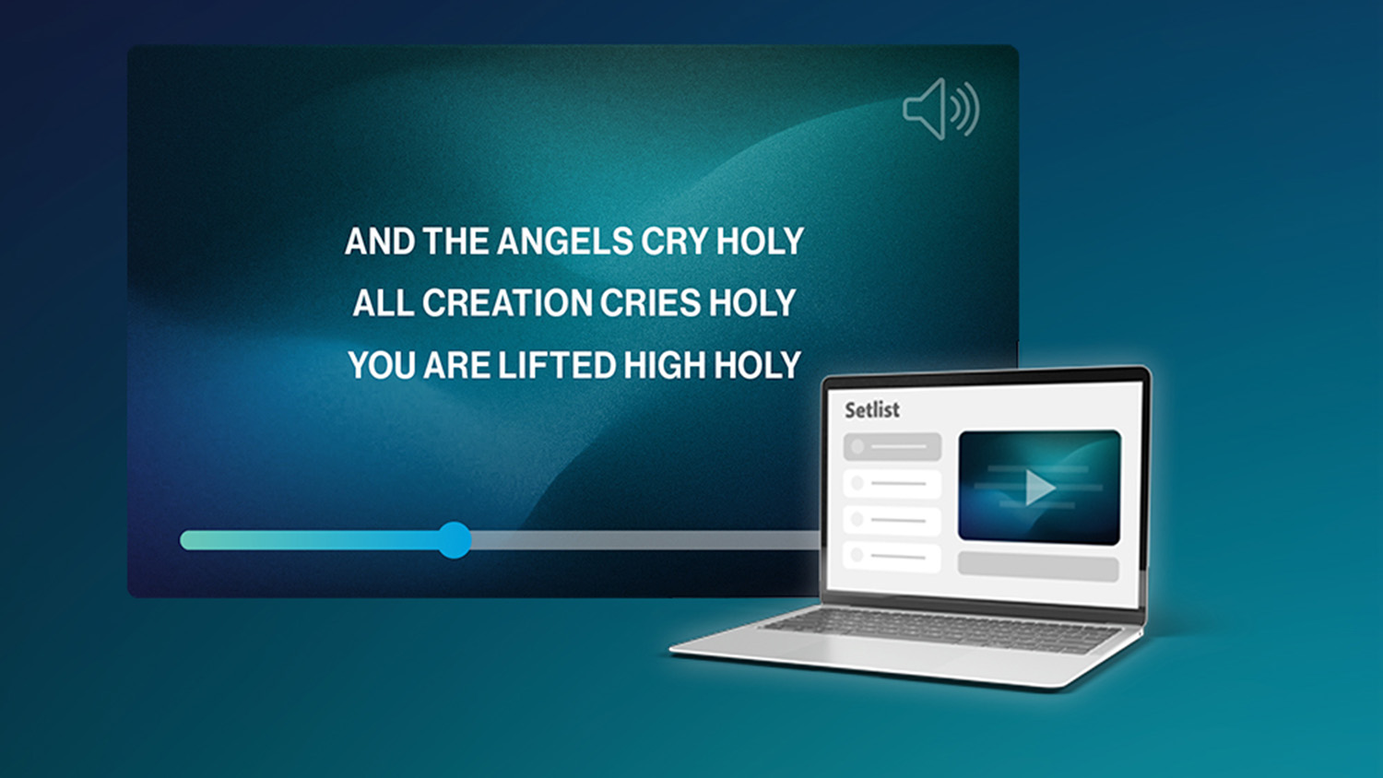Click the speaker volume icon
(x=940, y=110)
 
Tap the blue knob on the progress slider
(x=455, y=540)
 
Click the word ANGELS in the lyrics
(x=565, y=241)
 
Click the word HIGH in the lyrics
(x=666, y=365)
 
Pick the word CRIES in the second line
(x=651, y=302)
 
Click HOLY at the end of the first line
(x=760, y=241)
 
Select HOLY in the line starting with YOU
(x=758, y=365)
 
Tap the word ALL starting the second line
(x=384, y=302)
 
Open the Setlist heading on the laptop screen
(x=872, y=410)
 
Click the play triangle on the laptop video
(x=1038, y=488)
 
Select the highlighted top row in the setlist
(x=892, y=446)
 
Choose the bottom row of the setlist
(x=892, y=557)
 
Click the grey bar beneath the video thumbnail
(x=1038, y=567)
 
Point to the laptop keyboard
(x=941, y=628)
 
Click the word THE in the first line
(x=456, y=241)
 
